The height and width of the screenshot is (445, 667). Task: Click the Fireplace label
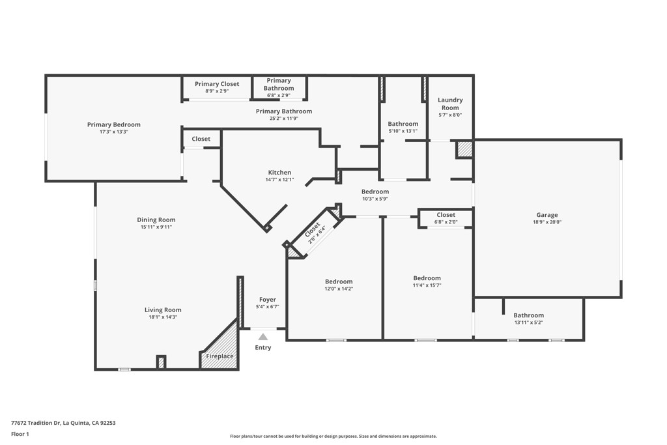(x=220, y=356)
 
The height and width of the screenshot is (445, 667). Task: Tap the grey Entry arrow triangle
(x=263, y=337)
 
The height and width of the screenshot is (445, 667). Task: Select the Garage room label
(x=546, y=215)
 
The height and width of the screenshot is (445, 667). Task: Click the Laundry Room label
(x=449, y=104)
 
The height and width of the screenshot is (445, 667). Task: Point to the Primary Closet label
(x=216, y=84)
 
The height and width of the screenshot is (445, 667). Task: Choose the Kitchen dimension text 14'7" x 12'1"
(x=279, y=180)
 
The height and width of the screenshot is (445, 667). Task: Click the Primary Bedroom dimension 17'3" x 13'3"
(x=113, y=132)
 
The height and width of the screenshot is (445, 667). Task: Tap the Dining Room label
(x=156, y=220)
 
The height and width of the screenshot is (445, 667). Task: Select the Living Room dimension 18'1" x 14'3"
(x=163, y=317)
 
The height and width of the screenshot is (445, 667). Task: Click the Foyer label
(x=268, y=300)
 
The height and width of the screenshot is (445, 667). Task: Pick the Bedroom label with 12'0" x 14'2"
(x=339, y=281)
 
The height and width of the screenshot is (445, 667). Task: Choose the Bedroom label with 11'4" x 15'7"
(x=427, y=278)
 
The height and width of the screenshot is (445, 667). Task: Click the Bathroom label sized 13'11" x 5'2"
(x=528, y=315)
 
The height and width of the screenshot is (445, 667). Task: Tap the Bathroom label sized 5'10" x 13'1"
(x=403, y=124)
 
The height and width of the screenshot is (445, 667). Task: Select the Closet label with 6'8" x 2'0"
(x=446, y=215)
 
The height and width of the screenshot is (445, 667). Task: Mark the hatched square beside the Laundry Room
(x=464, y=149)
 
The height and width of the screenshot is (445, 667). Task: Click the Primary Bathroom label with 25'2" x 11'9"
(x=283, y=111)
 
